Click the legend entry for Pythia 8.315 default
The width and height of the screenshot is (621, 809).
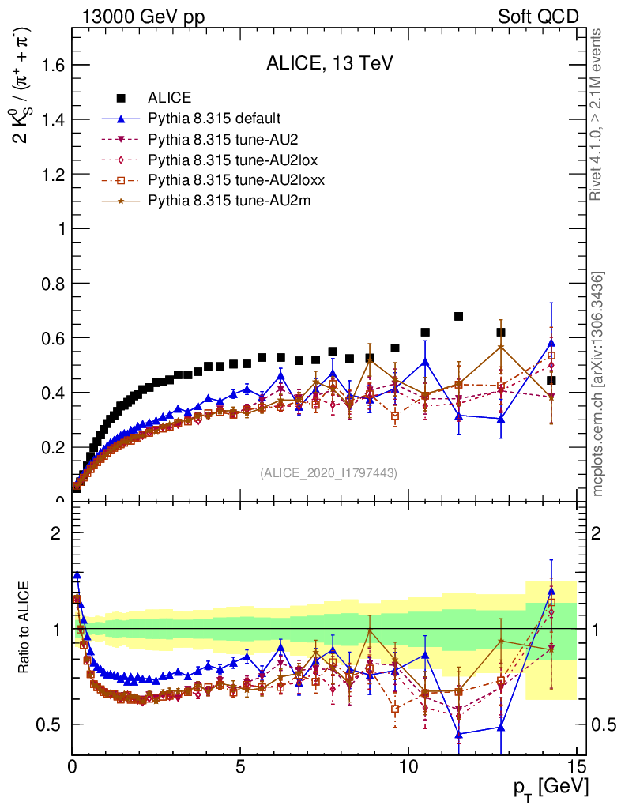point(213,119)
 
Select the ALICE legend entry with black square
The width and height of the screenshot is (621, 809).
point(170,98)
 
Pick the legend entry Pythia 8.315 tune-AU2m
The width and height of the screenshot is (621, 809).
point(229,201)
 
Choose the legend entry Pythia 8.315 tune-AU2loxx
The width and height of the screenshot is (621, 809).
point(236,181)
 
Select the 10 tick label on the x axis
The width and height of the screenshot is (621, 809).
point(408,766)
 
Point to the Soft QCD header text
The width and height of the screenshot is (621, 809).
point(538,17)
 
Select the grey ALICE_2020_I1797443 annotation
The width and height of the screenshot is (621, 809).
point(328,472)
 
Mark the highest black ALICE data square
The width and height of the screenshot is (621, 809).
point(458,317)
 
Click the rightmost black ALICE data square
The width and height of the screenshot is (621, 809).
point(551,380)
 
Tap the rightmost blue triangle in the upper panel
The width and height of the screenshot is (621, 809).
point(551,343)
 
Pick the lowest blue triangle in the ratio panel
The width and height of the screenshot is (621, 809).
point(458,734)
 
